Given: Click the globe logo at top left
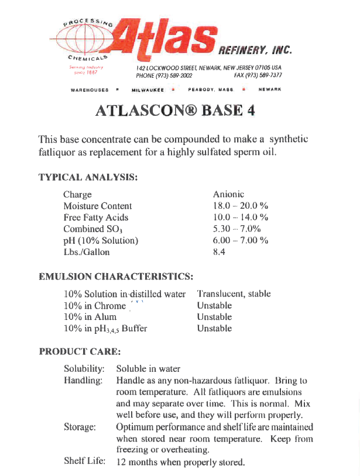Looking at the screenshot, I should (82, 40).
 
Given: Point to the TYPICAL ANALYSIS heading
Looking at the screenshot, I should (88, 177).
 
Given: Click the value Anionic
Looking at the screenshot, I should (228, 194).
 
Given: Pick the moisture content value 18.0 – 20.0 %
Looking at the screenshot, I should (240, 206).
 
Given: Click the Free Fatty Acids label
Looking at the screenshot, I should (95, 218).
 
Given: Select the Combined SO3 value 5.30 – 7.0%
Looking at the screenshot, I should (236, 229).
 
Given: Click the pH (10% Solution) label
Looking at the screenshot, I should (101, 240).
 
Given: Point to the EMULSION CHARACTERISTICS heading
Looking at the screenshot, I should (116, 276).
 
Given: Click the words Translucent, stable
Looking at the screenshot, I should (234, 294).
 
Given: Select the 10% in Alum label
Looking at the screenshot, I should (90, 317).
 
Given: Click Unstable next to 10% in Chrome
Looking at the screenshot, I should (214, 305).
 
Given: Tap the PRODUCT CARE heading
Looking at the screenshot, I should (80, 352).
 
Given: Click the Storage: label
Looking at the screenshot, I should (80, 427).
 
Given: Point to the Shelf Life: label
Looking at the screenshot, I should (84, 462).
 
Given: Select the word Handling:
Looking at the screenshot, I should (83, 381).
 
